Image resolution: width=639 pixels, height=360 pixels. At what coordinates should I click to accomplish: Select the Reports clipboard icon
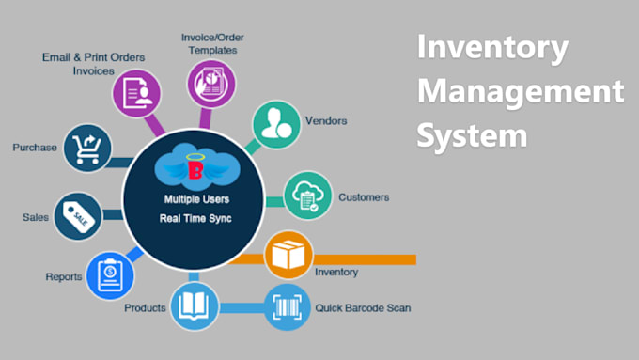point(109,275)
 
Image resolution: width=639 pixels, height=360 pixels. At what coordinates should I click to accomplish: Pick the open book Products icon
point(194,306)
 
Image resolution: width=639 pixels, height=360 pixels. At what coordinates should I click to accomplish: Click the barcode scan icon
point(288,306)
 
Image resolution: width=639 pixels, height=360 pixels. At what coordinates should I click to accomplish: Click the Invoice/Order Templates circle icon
point(209,83)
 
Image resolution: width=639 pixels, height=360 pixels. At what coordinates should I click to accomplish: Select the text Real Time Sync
point(195,219)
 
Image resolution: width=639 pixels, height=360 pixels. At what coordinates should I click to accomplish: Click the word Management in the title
point(521,92)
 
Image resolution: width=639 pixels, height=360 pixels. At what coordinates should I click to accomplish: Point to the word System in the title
point(472,136)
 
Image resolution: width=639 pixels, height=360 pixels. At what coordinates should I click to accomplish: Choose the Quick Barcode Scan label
point(363,307)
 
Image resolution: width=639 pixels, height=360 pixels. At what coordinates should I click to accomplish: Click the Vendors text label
point(326,121)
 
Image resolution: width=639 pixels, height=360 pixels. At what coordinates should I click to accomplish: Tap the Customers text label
point(364,197)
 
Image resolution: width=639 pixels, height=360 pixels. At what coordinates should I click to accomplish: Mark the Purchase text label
point(36,148)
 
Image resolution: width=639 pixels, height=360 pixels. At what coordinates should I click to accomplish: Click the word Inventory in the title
point(493,47)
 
